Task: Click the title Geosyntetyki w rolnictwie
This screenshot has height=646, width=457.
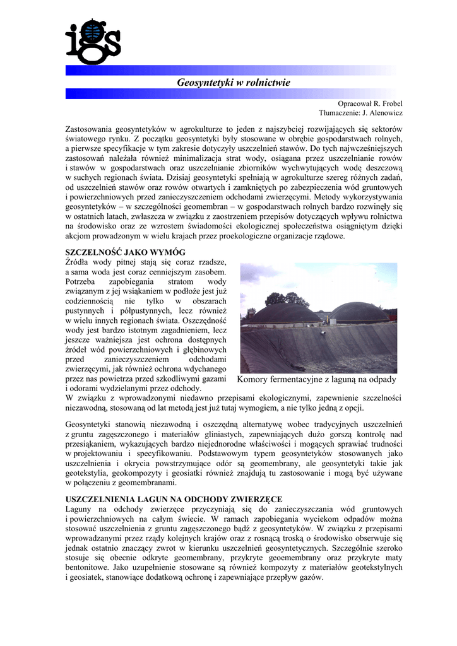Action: pyautogui.click(x=234, y=83)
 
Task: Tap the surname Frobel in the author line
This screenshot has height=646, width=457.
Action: pyautogui.click(x=389, y=103)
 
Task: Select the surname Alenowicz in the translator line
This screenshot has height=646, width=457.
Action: pyautogui.click(x=382, y=113)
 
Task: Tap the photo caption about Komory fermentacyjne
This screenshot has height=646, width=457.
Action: pyautogui.click(x=316, y=379)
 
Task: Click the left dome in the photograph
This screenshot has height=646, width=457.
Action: pyautogui.click(x=284, y=313)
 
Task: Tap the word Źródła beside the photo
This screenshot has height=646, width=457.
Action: pyautogui.click(x=80, y=262)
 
